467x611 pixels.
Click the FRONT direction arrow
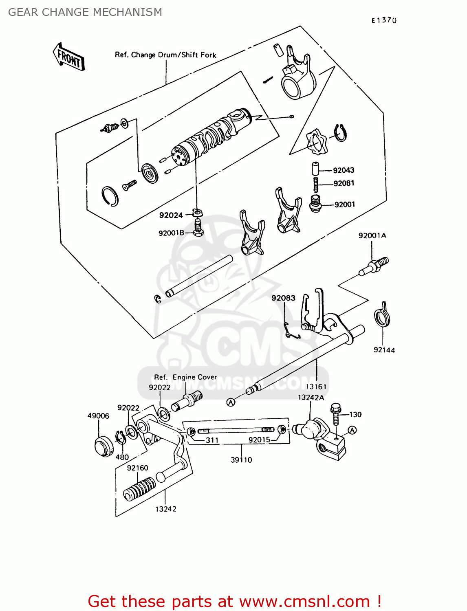click(x=68, y=57)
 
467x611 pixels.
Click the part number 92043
click(x=343, y=170)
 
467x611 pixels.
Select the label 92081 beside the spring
click(x=344, y=183)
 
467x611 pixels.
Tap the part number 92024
click(x=171, y=215)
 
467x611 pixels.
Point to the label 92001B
click(x=171, y=233)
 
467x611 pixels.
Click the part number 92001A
click(x=372, y=235)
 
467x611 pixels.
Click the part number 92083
click(x=283, y=298)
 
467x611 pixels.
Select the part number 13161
click(x=316, y=387)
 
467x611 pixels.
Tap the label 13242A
click(x=311, y=398)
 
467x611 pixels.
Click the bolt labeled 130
click(x=336, y=413)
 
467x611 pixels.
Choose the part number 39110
click(x=241, y=460)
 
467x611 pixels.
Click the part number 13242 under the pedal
click(x=165, y=509)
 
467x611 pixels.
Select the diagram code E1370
click(x=383, y=20)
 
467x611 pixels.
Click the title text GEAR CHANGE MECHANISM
click(x=85, y=12)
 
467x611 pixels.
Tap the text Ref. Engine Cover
click(x=185, y=377)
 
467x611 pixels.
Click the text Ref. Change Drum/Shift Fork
click(x=165, y=55)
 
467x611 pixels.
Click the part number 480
click(x=122, y=457)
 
